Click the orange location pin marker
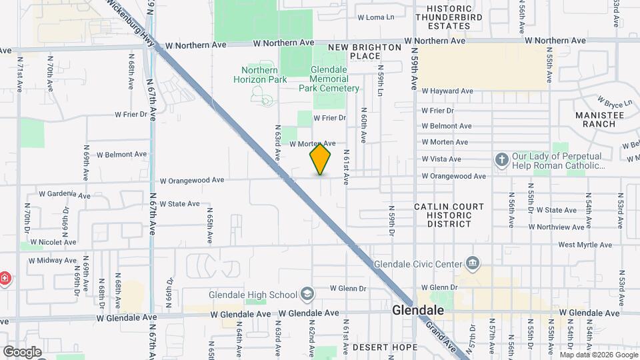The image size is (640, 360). tap(320, 158)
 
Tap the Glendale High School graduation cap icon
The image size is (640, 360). tap(307, 294)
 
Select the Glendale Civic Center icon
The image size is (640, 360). tap(473, 262)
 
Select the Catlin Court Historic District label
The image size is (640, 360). tap(449, 215)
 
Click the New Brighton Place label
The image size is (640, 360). tap(365, 51)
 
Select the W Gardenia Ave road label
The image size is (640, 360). tap(64, 194)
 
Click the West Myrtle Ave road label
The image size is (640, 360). tap(586, 245)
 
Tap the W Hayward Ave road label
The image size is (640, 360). tap(447, 91)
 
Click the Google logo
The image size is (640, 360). tap(22, 351)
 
